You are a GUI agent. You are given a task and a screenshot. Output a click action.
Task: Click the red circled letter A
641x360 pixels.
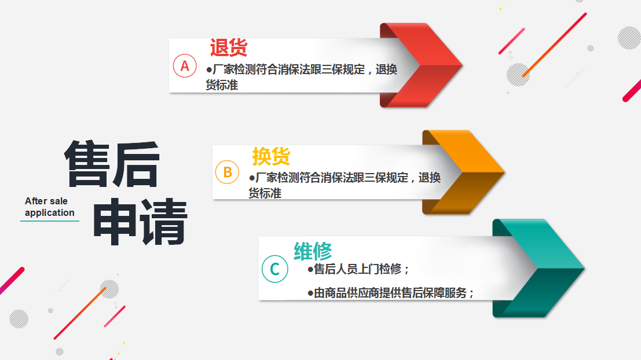click(185, 66)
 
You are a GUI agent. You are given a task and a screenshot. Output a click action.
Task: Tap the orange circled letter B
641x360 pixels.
click(228, 172)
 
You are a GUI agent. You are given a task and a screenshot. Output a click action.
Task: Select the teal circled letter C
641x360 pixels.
click(274, 269)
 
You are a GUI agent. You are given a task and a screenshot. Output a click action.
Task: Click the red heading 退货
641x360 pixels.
click(229, 47)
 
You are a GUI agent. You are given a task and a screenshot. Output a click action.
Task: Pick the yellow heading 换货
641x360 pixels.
click(271, 156)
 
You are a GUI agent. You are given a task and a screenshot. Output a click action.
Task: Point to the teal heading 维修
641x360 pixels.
click(313, 251)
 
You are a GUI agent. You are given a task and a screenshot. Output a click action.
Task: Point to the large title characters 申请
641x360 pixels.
click(140, 222)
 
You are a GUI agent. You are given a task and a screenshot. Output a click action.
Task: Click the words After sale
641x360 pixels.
click(46, 201)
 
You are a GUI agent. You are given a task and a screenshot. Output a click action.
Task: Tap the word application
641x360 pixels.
click(49, 213)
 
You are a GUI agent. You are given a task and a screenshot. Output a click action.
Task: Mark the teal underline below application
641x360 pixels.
click(49, 221)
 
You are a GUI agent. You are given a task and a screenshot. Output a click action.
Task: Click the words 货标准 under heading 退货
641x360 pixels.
click(222, 85)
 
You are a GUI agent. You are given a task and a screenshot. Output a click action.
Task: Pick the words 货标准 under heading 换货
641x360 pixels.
click(265, 193)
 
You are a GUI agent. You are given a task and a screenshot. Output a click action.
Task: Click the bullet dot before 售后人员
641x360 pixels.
click(310, 269)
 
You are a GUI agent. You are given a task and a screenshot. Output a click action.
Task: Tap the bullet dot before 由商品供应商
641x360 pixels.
click(310, 293)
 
